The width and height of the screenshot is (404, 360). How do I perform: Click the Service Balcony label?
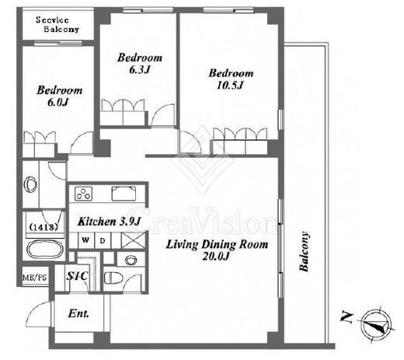point(57,25)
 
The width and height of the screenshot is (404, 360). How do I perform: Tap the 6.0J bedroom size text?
point(58,103)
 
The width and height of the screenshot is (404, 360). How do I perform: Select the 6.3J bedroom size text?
point(140,70)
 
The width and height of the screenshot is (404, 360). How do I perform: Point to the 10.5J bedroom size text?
point(230,86)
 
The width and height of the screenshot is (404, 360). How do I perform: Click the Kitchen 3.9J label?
point(109,222)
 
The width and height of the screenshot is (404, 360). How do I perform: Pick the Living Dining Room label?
point(217,244)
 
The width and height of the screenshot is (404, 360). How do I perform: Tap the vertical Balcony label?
point(304,251)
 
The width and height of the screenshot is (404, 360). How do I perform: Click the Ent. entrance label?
point(78,313)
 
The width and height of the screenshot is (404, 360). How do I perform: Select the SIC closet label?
point(77,276)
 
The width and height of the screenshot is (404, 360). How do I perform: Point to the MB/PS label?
point(35,278)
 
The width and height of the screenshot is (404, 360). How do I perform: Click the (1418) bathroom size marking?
point(44,227)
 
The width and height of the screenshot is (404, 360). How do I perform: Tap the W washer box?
point(86,240)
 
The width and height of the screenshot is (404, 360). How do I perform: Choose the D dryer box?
point(103,241)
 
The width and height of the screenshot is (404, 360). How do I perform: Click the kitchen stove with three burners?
point(83,194)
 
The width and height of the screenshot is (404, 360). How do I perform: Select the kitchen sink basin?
point(124,194)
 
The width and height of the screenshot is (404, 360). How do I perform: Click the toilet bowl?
point(113,278)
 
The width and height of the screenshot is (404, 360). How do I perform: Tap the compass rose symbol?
point(377,324)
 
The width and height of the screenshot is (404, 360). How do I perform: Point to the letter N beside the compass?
point(347,317)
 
